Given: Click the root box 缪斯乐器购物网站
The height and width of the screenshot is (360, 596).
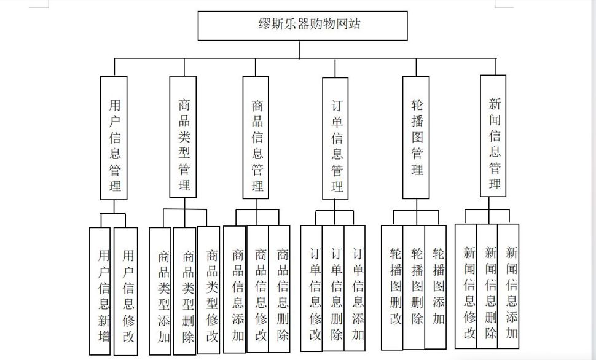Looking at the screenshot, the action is [302, 25].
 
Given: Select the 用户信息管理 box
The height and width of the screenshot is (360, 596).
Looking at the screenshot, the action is [114, 138].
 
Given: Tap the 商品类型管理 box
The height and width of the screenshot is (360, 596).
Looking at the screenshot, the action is [183, 137].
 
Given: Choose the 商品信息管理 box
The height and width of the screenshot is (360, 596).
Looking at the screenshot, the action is [256, 138].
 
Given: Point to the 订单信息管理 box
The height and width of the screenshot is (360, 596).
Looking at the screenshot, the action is [335, 139].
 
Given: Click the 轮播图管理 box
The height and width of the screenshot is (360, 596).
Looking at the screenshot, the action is [416, 138].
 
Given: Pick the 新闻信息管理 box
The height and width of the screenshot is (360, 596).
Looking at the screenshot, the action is [493, 136].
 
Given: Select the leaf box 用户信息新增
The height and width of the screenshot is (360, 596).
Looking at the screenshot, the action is [100, 291].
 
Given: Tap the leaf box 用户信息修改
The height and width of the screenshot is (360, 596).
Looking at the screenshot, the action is [126, 291].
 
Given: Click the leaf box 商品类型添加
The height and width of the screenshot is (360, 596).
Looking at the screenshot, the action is [160, 291].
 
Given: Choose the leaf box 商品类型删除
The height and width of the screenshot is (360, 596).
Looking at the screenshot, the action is [185, 291].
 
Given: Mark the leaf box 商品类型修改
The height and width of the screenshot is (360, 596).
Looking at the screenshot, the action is [209, 291].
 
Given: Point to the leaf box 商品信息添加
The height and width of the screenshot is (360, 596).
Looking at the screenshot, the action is [235, 289].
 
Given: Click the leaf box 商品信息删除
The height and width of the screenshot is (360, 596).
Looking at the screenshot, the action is [280, 289].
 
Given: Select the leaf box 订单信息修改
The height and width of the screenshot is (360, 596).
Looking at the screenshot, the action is [312, 288].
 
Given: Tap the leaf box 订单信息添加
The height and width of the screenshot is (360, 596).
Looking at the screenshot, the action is [355, 288].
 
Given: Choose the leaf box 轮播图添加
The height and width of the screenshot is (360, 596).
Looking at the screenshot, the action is [436, 287].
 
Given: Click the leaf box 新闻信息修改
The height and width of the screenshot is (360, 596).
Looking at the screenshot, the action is [466, 286].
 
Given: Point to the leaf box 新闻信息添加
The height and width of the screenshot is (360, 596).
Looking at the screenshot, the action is [508, 286].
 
